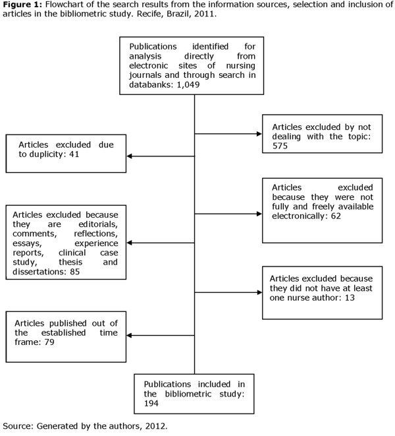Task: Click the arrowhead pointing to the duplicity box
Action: pos(129,156)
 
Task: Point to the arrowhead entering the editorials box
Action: pos(129,243)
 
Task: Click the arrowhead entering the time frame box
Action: pos(129,335)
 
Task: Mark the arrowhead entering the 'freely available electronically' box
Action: pos(259,214)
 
